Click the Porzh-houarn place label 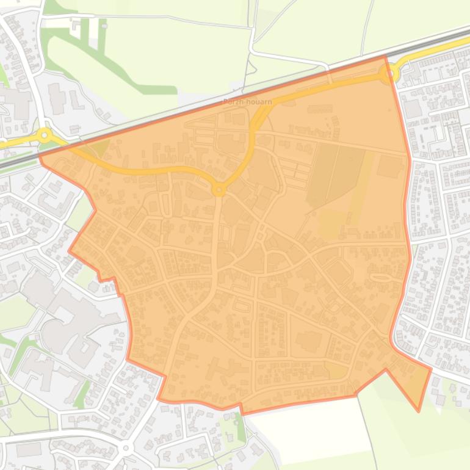(x=247, y=102)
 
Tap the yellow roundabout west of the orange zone (x=45, y=135)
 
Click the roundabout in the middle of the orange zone (x=219, y=190)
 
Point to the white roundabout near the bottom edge (x=126, y=448)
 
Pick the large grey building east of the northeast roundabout (x=413, y=109)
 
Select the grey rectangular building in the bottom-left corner (x=28, y=450)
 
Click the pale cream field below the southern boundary (x=311, y=430)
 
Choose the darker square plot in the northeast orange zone (x=389, y=166)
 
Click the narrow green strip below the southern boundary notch (x=240, y=427)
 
